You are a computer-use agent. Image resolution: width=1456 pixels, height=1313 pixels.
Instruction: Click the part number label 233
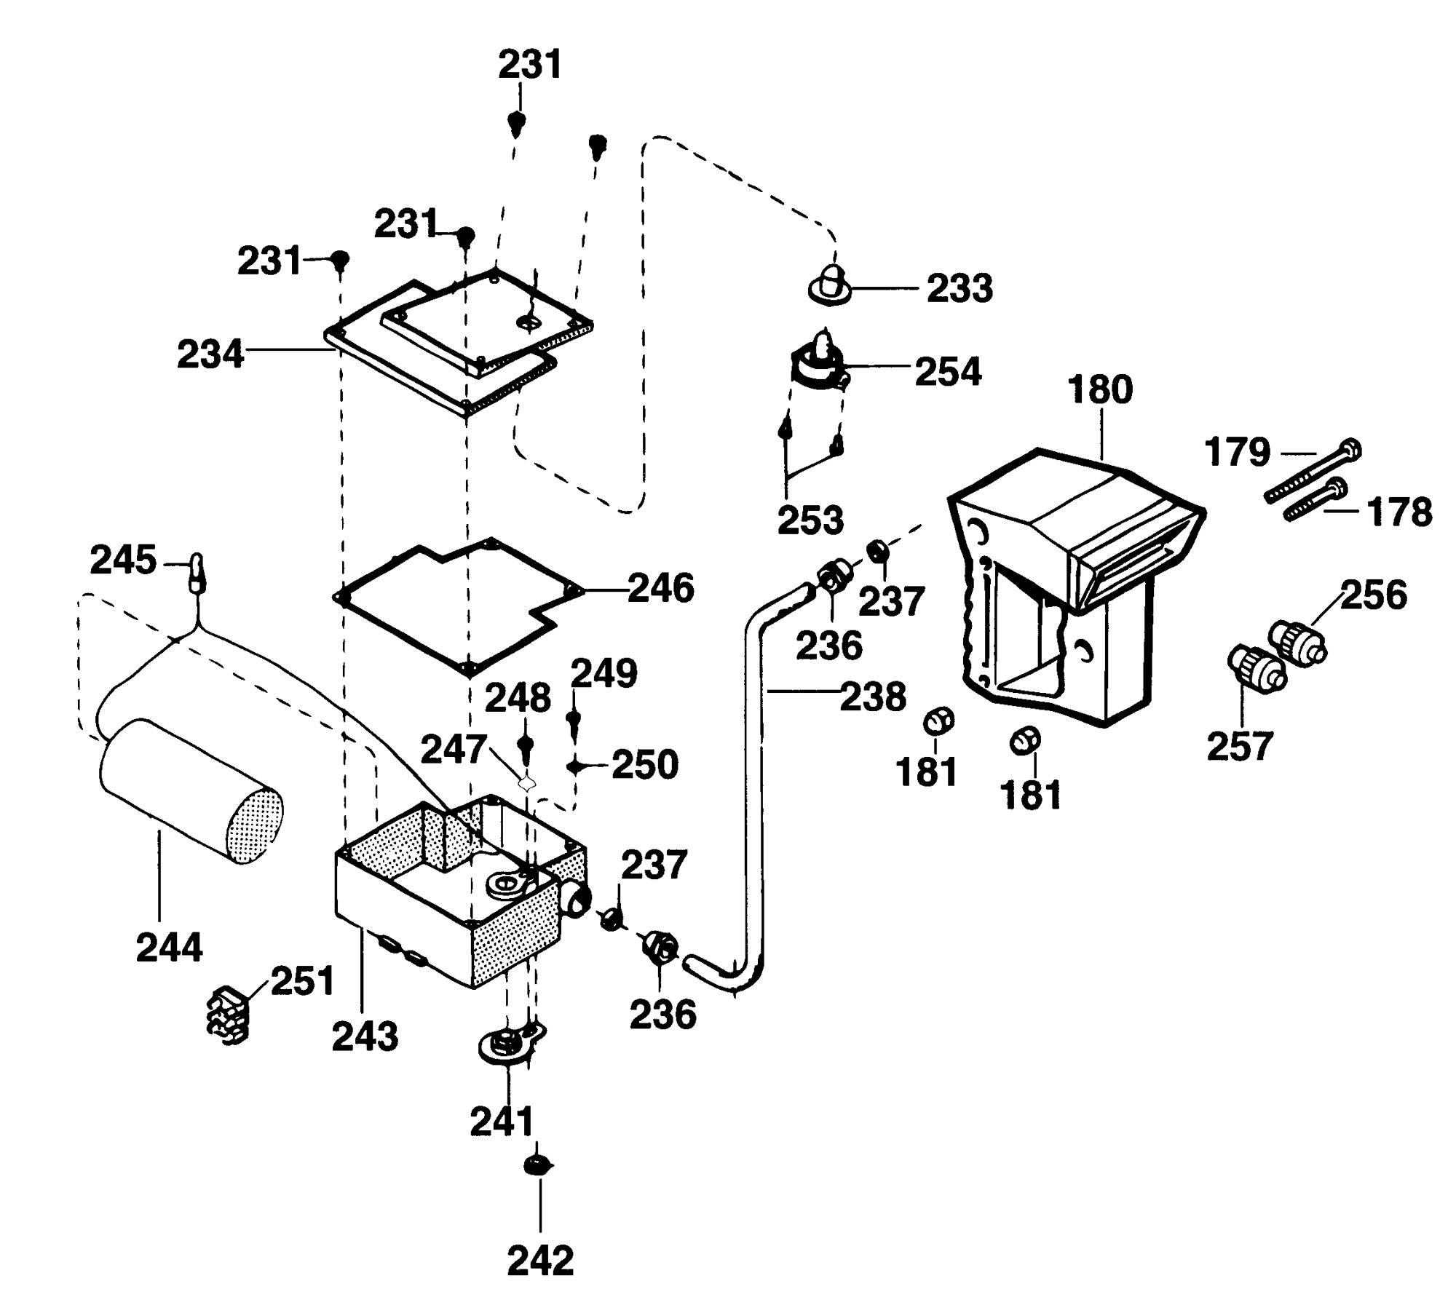[960, 289]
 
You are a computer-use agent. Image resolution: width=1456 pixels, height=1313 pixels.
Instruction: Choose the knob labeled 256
[1298, 640]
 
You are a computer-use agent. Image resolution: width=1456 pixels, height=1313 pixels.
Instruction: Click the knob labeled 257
[1257, 667]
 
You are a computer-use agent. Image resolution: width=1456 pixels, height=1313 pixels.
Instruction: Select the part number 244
[169, 948]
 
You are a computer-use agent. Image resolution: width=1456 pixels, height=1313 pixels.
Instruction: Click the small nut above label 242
[537, 1166]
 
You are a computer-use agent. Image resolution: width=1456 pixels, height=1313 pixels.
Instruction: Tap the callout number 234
[210, 354]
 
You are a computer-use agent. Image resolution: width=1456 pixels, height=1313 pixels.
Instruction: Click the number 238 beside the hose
[874, 697]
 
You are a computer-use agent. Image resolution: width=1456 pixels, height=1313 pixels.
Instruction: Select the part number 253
[810, 520]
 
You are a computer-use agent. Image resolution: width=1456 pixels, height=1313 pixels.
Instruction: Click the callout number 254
[948, 371]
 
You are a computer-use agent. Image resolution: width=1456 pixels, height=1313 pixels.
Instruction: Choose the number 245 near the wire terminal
[123, 560]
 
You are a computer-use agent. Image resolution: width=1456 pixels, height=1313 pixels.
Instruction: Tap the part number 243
[365, 1036]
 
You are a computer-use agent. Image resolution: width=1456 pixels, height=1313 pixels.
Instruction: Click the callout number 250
[644, 765]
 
